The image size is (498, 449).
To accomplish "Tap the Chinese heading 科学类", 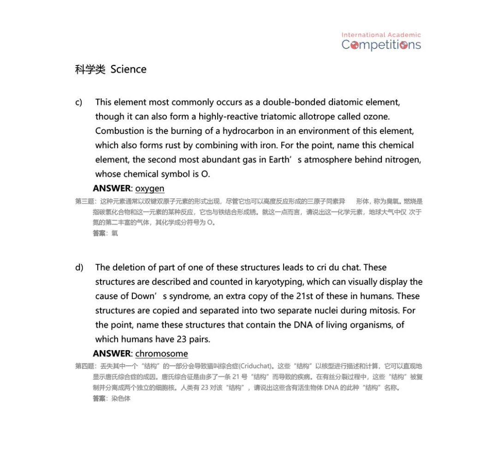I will (x=90, y=70).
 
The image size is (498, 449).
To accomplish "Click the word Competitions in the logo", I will (x=381, y=45).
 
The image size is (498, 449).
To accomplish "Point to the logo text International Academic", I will (x=381, y=35).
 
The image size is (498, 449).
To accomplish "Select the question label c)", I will (x=79, y=102).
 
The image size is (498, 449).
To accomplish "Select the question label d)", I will (x=79, y=267).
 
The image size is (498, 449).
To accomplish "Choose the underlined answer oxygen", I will (x=149, y=188).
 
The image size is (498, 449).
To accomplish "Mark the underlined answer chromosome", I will (x=161, y=353).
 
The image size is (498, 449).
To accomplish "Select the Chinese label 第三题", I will (x=85, y=201).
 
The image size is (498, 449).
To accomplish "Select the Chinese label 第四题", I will (x=85, y=366).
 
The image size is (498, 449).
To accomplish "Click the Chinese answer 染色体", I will (x=121, y=398).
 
